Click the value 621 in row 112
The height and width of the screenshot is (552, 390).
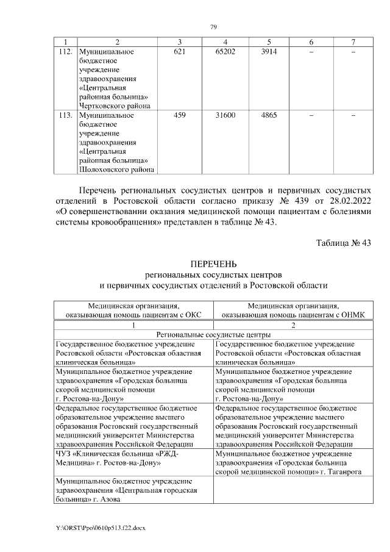(x=180, y=52)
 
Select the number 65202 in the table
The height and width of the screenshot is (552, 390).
(x=225, y=52)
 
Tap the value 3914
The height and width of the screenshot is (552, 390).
(x=269, y=52)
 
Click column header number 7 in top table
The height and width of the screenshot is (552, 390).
(x=353, y=41)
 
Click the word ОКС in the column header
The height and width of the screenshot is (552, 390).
(x=191, y=315)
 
